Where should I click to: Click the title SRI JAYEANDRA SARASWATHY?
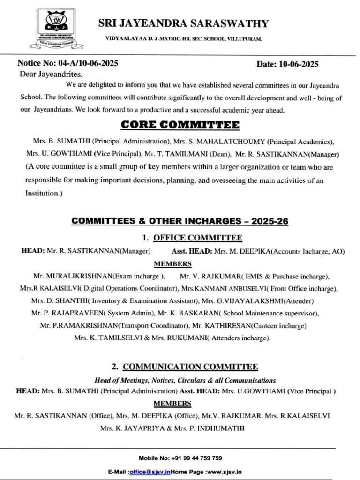tap(183, 23)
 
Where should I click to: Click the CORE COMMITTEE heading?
tap(180, 125)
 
